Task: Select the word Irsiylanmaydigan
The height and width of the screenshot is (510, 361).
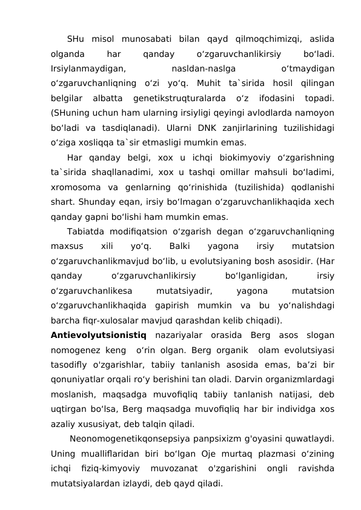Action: pos(89,69)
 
